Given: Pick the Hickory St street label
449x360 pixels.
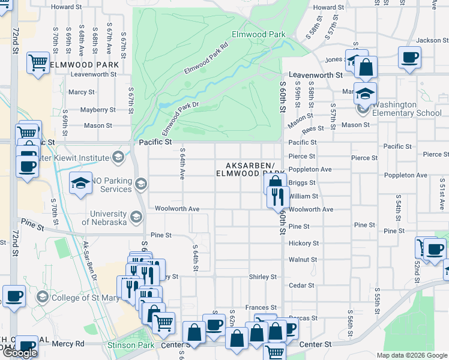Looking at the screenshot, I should (303, 244).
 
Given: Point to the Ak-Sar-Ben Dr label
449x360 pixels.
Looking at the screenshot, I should (90, 260).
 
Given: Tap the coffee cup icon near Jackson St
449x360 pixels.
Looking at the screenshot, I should (410, 57).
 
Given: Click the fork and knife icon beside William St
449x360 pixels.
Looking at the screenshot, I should (277, 196).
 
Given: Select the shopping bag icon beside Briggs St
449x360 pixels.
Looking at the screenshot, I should (274, 182).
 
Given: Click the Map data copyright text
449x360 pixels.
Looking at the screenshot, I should (412, 355).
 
